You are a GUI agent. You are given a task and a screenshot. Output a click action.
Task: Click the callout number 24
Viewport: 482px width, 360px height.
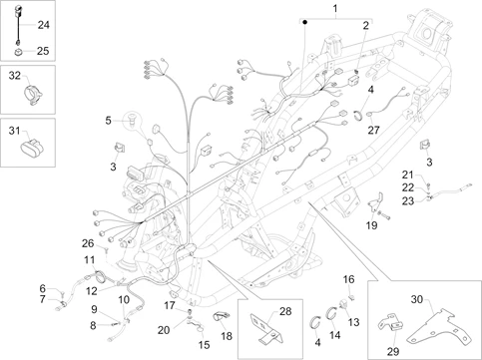[43, 25]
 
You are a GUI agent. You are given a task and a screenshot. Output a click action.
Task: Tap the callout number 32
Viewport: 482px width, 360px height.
[15, 76]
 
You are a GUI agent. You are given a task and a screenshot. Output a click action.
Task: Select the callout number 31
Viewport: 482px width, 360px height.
[14, 131]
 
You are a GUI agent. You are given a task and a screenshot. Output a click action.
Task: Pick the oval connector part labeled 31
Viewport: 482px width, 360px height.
[32, 149]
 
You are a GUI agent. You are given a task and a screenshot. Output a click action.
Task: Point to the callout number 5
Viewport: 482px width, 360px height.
[108, 121]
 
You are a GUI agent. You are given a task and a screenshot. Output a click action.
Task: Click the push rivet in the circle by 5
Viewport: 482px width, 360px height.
[133, 119]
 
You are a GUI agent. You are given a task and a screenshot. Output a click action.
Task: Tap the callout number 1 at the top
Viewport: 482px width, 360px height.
[335, 8]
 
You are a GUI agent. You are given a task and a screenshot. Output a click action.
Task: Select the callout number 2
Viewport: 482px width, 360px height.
[365, 25]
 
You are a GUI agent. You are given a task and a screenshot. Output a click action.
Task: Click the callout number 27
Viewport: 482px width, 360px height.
[373, 130]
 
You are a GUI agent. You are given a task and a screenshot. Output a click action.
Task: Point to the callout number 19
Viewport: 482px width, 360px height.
[372, 225]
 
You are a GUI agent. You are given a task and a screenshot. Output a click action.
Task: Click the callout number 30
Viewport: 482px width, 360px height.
[417, 299]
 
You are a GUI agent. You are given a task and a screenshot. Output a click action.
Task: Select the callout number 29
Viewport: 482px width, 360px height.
[393, 351]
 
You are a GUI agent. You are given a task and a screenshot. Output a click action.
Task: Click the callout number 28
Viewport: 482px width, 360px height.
[285, 311]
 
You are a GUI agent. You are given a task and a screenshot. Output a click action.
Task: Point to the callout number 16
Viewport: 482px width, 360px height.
[349, 279]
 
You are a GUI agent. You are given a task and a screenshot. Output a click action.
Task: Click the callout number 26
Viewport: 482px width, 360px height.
[88, 243]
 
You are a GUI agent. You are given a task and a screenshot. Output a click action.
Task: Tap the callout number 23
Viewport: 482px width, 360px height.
[408, 201]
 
